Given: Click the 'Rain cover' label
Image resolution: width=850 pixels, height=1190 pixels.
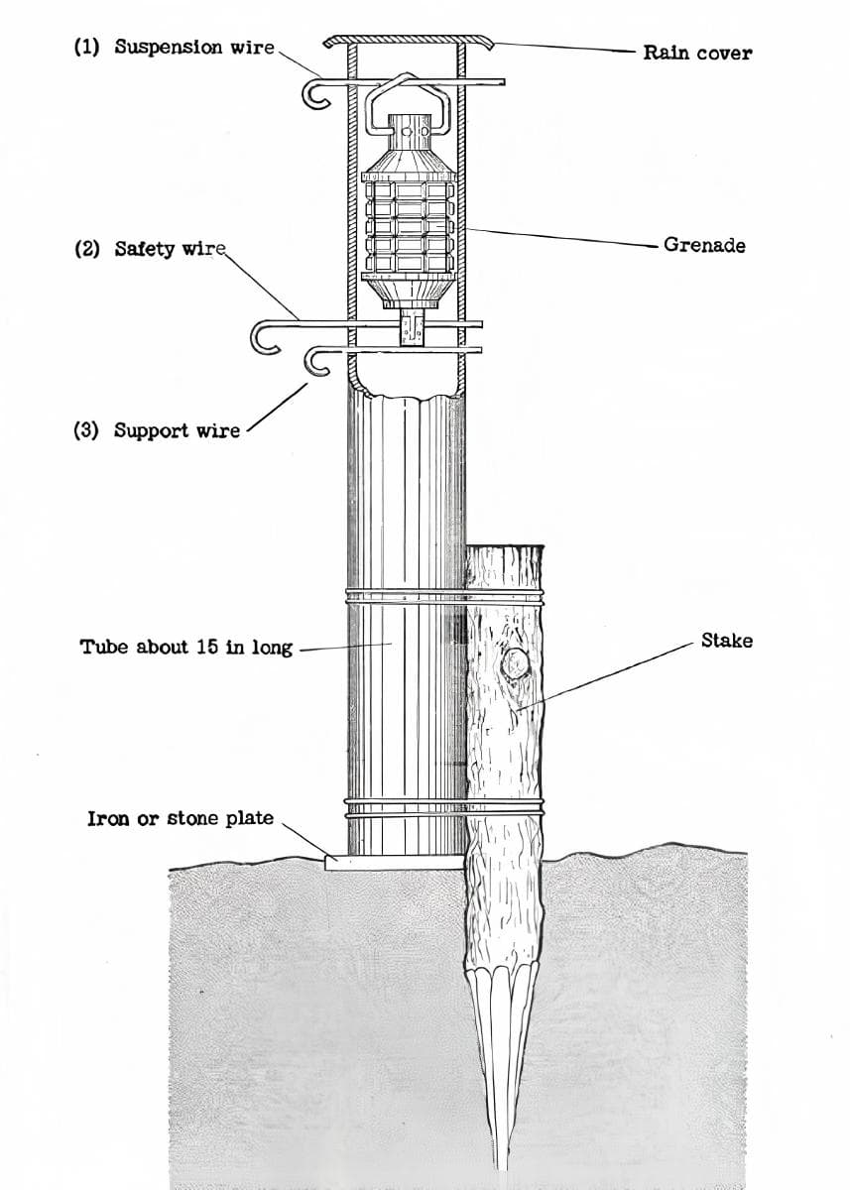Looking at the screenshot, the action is tap(697, 53).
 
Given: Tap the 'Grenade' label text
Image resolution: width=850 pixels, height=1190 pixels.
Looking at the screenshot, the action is tap(704, 245).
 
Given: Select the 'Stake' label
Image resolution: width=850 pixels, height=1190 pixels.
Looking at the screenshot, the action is tap(727, 641).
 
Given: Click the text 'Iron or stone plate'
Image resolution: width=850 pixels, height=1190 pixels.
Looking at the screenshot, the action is tap(181, 818).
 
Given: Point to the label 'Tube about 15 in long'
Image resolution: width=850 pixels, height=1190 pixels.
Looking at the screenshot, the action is tap(186, 647).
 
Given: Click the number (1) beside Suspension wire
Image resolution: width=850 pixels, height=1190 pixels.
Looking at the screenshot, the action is tap(86, 47).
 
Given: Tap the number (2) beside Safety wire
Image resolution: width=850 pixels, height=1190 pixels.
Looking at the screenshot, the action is tap(87, 249).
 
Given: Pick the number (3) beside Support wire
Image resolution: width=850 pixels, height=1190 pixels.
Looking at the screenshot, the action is tap(86, 429).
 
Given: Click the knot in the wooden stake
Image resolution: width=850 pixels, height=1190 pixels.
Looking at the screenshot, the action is tap(514, 663).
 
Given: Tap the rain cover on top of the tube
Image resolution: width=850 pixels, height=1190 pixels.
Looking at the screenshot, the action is tap(409, 40).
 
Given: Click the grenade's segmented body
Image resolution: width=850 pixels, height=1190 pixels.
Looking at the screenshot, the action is tap(408, 227).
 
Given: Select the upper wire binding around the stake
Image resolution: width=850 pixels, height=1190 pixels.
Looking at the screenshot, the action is tap(444, 597).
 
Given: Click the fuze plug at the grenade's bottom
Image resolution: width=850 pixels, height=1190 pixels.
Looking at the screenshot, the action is tap(413, 327).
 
